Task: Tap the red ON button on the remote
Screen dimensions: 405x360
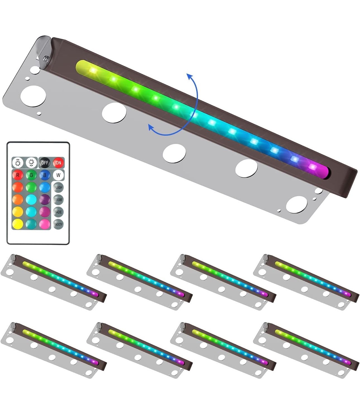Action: coord(58,163)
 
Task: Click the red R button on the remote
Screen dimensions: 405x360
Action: coord(18,175)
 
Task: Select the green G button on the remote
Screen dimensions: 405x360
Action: coord(31,175)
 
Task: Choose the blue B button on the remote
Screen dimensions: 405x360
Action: coord(45,175)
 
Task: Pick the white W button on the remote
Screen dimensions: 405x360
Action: coord(58,175)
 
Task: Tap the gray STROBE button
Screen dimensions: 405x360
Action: coord(58,200)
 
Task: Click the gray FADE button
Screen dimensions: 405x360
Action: coord(58,212)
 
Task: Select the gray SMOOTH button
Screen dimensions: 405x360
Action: coord(58,224)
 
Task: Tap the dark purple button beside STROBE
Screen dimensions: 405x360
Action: coord(45,200)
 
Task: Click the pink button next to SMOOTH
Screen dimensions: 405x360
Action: coord(45,224)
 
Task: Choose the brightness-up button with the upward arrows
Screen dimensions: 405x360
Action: coord(18,163)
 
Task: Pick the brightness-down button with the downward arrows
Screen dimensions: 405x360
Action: coord(31,163)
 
